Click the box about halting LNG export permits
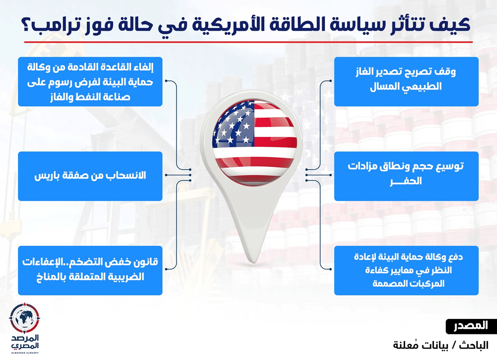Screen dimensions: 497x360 click(407, 82)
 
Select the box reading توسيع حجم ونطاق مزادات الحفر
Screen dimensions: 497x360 click(407, 176)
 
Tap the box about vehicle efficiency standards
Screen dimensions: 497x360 click(407, 270)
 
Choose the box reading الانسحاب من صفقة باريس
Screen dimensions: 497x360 click(90, 176)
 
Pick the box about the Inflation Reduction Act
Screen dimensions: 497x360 click(90, 270)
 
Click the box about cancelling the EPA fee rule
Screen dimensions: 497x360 click(90, 82)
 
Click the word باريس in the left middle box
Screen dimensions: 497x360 click(47, 175)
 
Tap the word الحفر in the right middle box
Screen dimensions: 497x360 click(406, 181)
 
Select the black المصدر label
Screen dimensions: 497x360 click(471, 326)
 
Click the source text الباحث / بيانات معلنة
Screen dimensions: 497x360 click(441, 345)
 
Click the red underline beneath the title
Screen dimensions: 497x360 click(248, 42)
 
